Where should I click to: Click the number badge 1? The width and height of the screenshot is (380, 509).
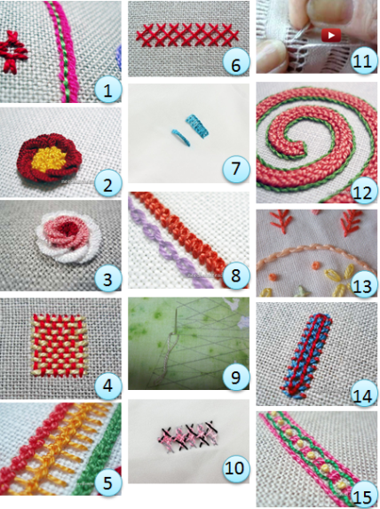[x=107, y=91]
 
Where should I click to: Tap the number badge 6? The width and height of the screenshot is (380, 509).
[x=236, y=65]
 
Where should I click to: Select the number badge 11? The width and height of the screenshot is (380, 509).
[x=363, y=60]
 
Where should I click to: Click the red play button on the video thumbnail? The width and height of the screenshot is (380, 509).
[x=331, y=35]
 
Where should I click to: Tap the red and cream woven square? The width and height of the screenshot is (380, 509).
[x=58, y=345]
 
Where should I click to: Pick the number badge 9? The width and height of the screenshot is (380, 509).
[x=236, y=377]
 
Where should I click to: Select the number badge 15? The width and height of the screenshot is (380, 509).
[x=363, y=495]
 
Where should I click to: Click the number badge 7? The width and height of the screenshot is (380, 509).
[x=236, y=168]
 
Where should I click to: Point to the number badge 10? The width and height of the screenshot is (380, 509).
[x=236, y=468]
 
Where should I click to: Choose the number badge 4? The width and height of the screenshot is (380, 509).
[x=107, y=386]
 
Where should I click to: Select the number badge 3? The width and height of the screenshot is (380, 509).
[x=107, y=279]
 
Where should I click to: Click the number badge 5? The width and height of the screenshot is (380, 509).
[x=107, y=482]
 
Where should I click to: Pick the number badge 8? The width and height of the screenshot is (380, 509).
[x=236, y=275]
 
